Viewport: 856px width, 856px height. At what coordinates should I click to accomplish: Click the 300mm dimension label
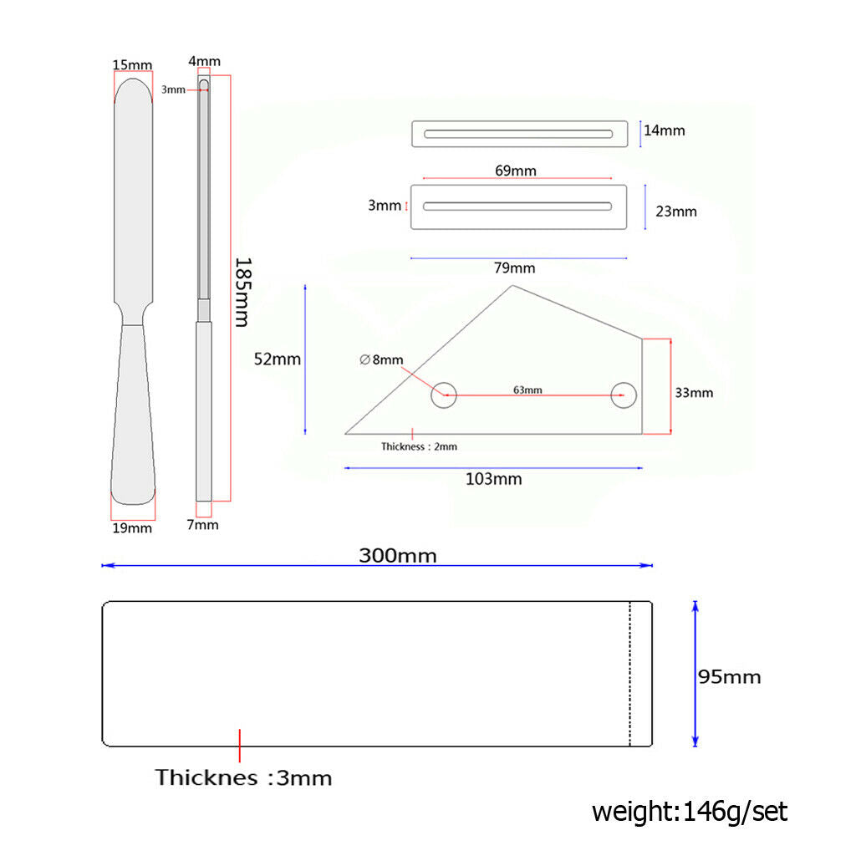click(397, 556)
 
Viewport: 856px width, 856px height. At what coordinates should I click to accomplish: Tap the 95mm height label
click(729, 677)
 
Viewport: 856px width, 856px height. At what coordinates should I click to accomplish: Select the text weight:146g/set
click(690, 812)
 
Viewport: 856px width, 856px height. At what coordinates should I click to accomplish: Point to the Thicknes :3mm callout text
click(243, 777)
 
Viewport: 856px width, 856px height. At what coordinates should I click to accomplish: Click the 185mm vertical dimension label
click(242, 292)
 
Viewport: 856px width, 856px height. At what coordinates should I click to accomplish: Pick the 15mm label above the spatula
click(132, 65)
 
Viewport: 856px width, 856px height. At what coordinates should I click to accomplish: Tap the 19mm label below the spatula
click(132, 528)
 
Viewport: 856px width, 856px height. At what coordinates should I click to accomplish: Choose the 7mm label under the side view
click(202, 525)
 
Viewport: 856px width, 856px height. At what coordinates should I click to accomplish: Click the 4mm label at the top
click(204, 61)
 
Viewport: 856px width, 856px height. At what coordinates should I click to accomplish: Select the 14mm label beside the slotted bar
click(664, 130)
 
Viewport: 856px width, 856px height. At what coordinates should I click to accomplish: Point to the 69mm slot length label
click(515, 171)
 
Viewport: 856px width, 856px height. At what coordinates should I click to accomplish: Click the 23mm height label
click(675, 211)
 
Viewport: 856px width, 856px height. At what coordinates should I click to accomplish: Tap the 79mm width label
click(514, 267)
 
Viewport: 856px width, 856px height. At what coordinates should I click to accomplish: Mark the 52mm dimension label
click(278, 359)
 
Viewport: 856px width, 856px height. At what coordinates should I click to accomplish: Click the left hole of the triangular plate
click(444, 395)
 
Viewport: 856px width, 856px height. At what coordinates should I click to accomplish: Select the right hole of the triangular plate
click(624, 395)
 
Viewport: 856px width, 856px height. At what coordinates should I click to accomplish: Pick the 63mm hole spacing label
click(527, 390)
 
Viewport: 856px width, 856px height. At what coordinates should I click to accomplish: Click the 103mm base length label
click(493, 479)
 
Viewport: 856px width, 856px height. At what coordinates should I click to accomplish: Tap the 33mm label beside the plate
click(694, 393)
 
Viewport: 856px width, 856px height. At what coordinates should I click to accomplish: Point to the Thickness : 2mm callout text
click(419, 446)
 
